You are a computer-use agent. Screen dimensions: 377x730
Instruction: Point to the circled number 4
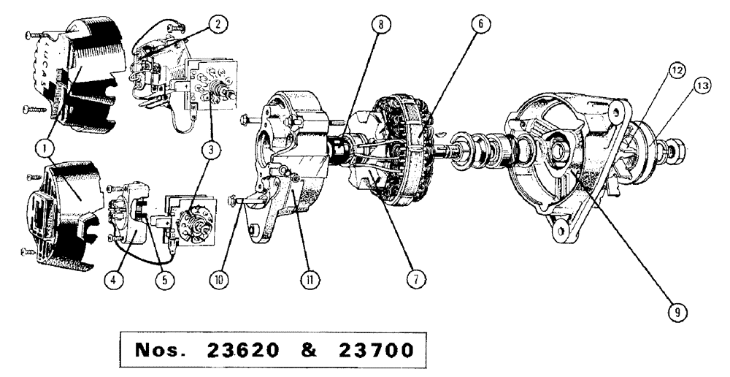click(x=107, y=279)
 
